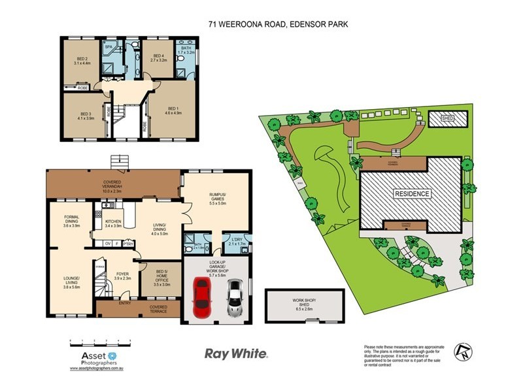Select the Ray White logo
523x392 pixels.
(x=236, y=353)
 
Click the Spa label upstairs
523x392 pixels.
(x=108, y=47)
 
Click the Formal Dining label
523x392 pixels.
(x=71, y=220)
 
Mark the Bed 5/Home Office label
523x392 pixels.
(x=161, y=277)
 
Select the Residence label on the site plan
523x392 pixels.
(x=411, y=193)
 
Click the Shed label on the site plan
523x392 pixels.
(x=448, y=119)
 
